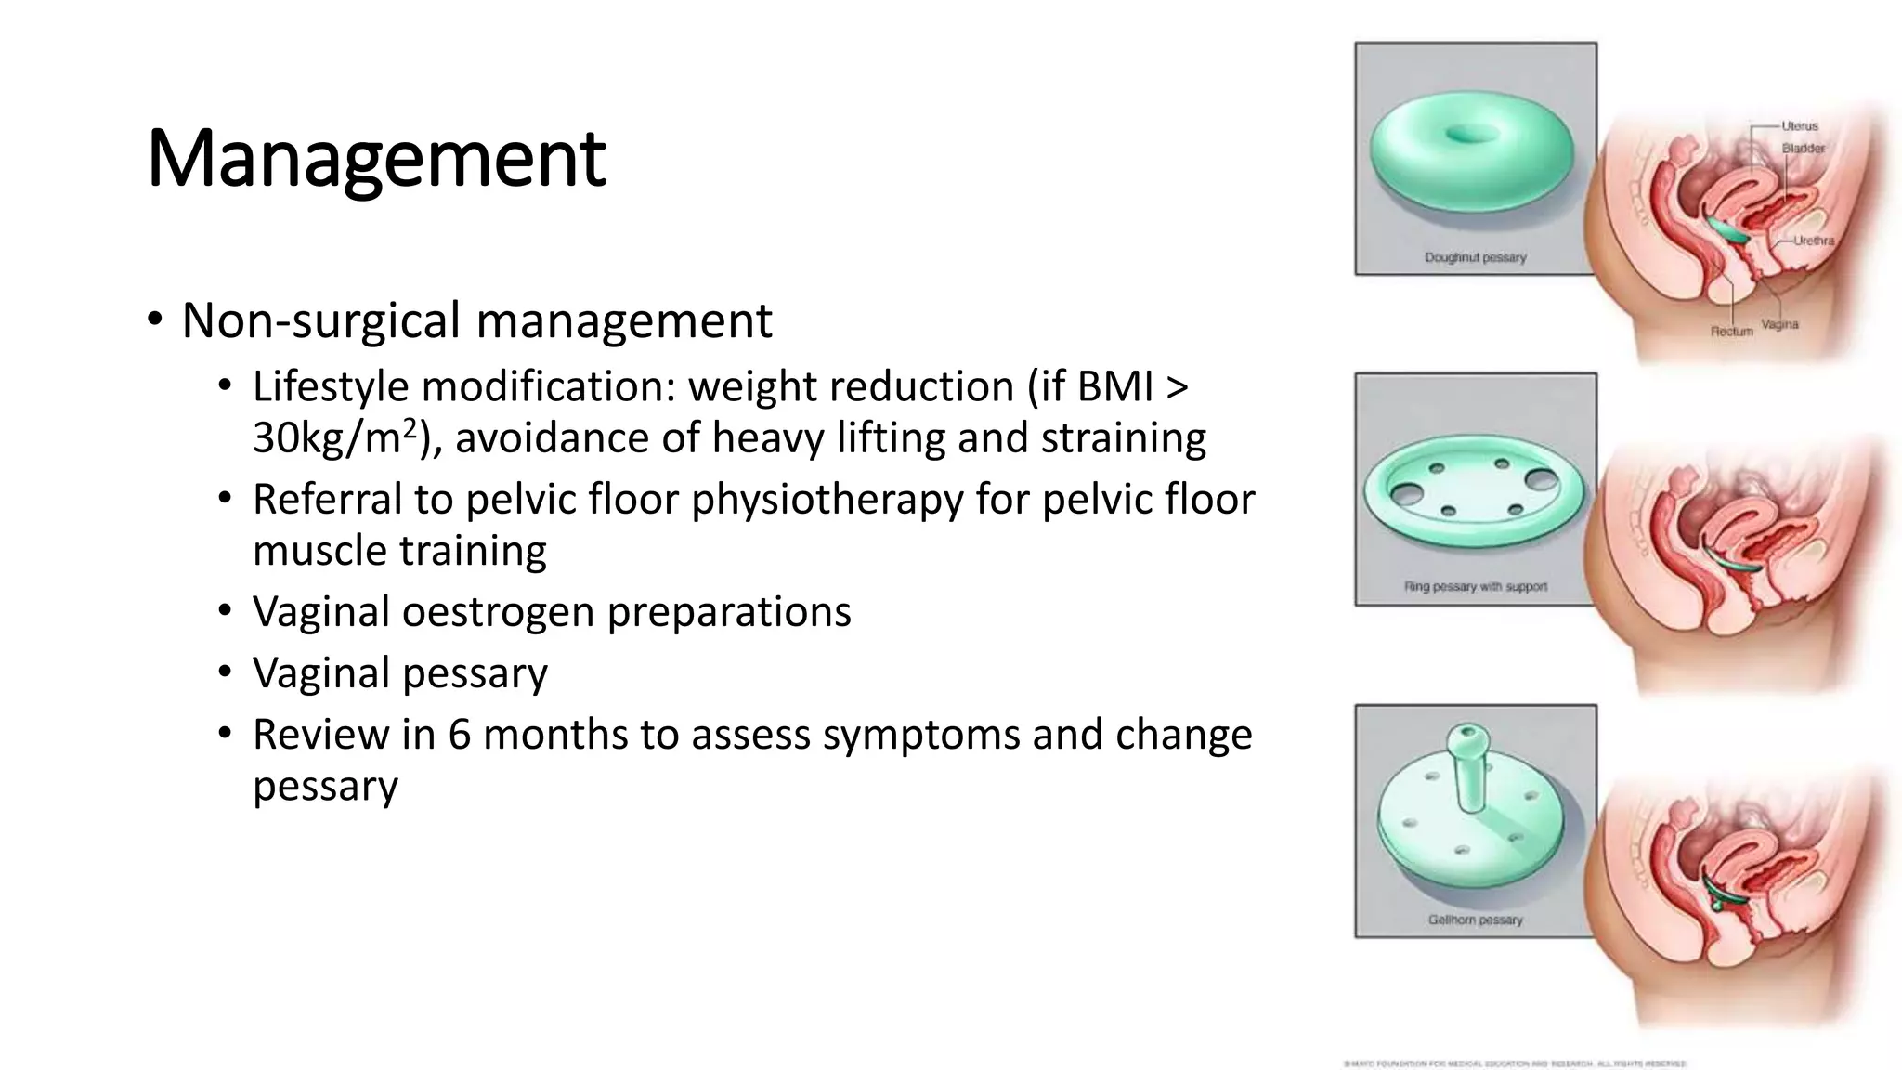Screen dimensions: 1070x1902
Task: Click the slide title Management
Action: point(376,158)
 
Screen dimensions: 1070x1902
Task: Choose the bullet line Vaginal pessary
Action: point(399,673)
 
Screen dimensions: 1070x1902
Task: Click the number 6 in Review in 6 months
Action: point(459,735)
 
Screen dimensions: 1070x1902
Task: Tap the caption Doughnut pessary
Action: point(1475,257)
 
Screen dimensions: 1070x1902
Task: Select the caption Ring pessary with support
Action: point(1475,587)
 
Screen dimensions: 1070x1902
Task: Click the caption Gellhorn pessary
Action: point(1475,920)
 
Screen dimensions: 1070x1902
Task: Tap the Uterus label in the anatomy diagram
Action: point(1799,125)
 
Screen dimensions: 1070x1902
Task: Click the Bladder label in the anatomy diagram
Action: point(1803,149)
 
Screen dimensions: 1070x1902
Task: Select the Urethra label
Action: point(1813,241)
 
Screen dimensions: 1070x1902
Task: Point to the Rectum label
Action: point(1731,331)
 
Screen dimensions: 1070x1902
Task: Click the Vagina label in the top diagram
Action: point(1779,324)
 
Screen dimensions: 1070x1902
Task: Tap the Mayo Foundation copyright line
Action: point(1515,1063)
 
